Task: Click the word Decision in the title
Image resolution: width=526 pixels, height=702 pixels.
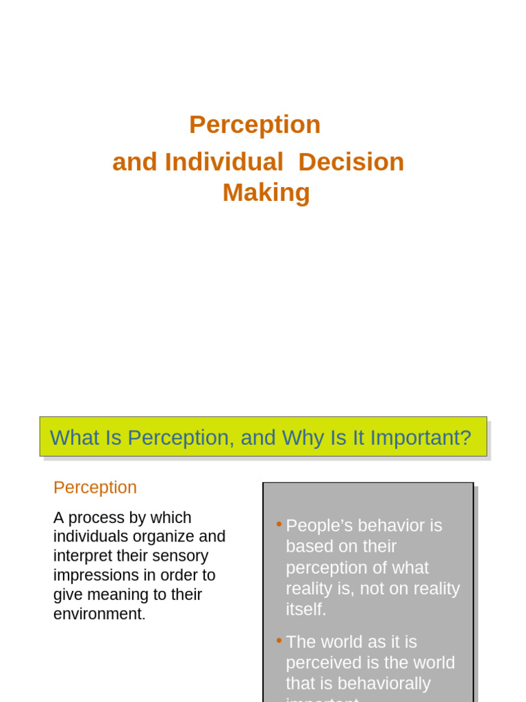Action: point(351,162)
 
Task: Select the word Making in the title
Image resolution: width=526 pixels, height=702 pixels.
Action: point(266,193)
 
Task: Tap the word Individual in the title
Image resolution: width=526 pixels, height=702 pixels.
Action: point(223,162)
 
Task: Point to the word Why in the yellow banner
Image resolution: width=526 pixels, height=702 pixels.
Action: point(303,437)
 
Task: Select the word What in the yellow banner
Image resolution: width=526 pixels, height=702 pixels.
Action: point(75,437)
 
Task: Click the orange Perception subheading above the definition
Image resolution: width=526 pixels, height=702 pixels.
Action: point(95,487)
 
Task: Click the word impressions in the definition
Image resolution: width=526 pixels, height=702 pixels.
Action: point(95,575)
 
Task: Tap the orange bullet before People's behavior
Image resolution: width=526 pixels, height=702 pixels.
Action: point(279,524)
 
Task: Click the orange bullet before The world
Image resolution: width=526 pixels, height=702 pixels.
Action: point(279,640)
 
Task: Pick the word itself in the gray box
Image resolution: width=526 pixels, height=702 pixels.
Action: point(305,609)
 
